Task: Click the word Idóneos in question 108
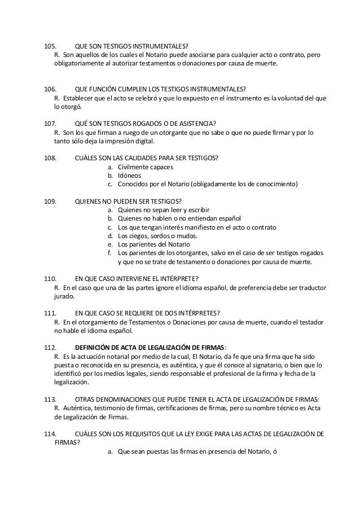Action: pyautogui.click(x=130, y=175)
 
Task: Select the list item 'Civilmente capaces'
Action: pyautogui.click(x=145, y=166)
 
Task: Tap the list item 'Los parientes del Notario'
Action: pyautogui.click(x=153, y=244)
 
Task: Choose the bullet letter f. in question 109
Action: pyautogui.click(x=109, y=253)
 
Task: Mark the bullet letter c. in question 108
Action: pyautogui.click(x=109, y=185)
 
